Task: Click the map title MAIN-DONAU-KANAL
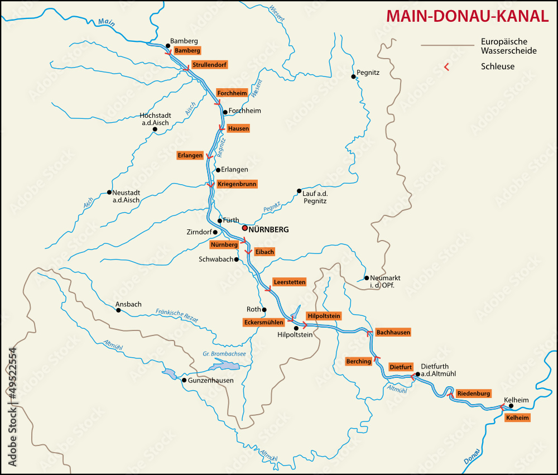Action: [468, 16]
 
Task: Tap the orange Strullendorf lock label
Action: [209, 65]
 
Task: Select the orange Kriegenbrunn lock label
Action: [237, 184]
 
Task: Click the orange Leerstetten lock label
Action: [289, 282]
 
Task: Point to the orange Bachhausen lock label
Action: [393, 333]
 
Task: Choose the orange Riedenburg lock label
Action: [474, 394]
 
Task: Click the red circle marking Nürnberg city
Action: [244, 228]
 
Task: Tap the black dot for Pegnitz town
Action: [353, 76]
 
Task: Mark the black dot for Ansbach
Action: [118, 310]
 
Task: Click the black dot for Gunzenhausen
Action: [184, 380]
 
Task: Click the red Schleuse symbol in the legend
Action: [446, 67]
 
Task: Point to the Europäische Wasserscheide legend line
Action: [446, 45]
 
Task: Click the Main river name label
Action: [106, 22]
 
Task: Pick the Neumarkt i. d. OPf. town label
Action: [385, 281]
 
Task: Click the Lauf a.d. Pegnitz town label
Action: [314, 196]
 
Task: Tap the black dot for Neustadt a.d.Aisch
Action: [109, 193]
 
